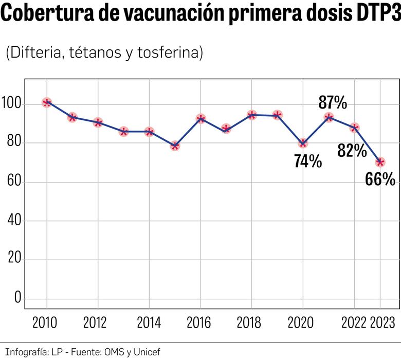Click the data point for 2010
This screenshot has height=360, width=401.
pyautogui.click(x=47, y=102)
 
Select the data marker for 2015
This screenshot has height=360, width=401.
pyautogui.click(x=175, y=146)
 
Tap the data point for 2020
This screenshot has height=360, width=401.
pyautogui.click(x=303, y=143)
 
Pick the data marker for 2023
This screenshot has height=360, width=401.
pyautogui.click(x=380, y=162)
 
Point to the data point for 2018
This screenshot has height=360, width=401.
pyautogui.click(x=252, y=115)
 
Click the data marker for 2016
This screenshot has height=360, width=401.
pyautogui.click(x=200, y=119)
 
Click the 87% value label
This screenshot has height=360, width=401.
pyautogui.click(x=333, y=102)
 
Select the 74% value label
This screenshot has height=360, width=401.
pyautogui.click(x=308, y=161)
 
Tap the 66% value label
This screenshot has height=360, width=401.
pyautogui.click(x=380, y=179)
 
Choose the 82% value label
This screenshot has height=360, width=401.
pyautogui.click(x=352, y=150)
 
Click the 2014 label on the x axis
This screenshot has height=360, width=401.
pyautogui.click(x=149, y=323)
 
